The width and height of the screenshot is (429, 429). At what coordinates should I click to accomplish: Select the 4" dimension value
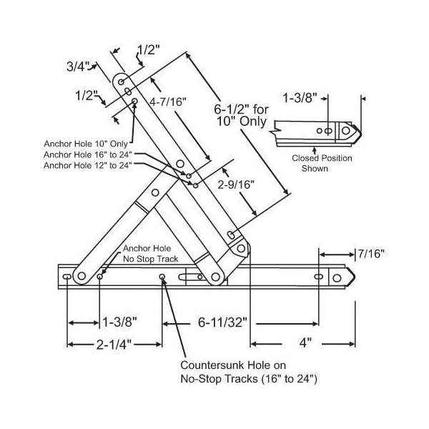pos(306,344)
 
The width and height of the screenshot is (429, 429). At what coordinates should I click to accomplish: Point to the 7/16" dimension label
pos(372,253)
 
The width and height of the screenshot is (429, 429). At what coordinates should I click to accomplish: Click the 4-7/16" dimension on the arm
pos(168,102)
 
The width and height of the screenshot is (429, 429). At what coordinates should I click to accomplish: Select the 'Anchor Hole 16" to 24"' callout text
pos(88,154)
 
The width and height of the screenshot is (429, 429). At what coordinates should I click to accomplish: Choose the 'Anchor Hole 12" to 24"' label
pos(88,165)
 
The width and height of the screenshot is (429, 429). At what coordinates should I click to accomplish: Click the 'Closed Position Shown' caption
pos(310,163)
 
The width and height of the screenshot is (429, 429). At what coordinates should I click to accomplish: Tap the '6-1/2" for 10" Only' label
pos(242,116)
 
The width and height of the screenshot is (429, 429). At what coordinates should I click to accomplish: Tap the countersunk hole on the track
pos(163,277)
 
